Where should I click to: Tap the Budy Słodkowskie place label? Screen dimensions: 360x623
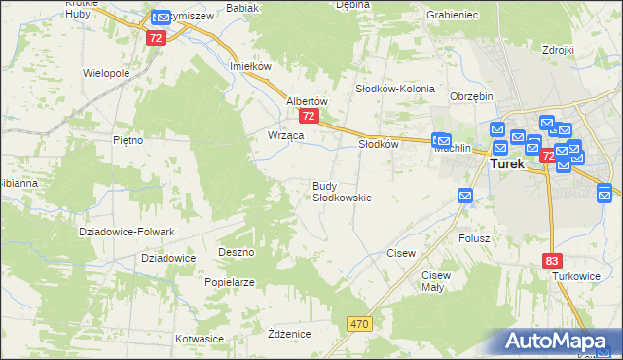click(x=341, y=191)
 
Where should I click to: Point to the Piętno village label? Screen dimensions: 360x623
click(x=128, y=140)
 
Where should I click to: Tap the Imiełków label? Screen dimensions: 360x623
click(x=248, y=66)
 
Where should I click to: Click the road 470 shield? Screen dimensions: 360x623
click(x=359, y=321)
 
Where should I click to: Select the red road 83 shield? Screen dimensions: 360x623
click(x=552, y=260)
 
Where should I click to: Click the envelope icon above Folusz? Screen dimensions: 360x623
click(x=465, y=197)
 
